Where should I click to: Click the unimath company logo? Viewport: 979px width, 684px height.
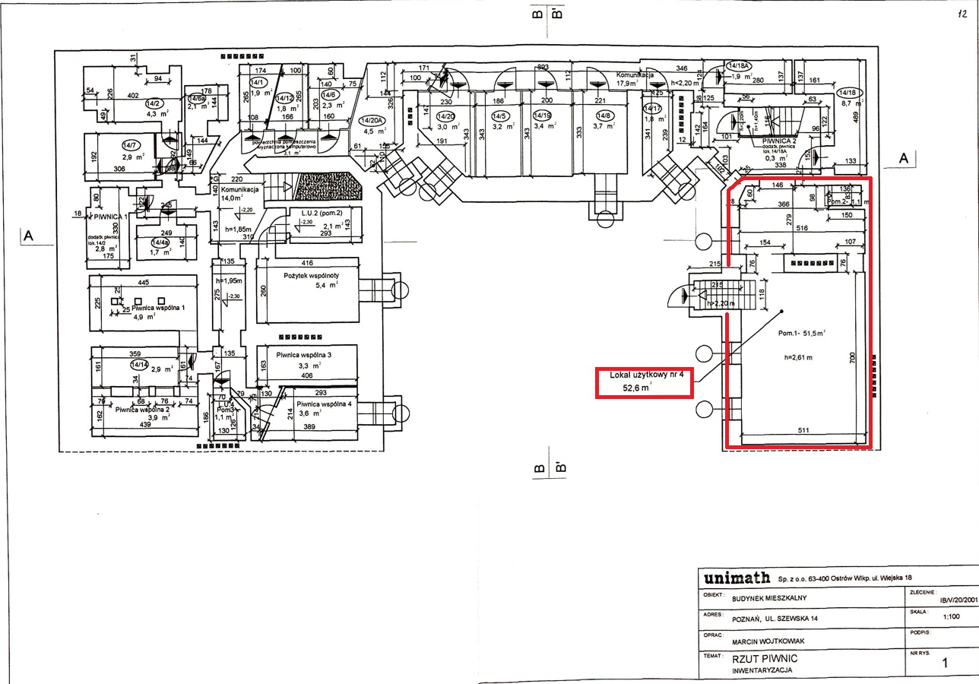click(737, 578)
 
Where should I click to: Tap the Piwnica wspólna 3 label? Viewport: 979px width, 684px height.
click(304, 355)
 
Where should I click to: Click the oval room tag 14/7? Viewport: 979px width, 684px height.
click(130, 144)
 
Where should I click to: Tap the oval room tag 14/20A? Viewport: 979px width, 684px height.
click(372, 120)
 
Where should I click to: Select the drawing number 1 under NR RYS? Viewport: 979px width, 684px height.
click(945, 663)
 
